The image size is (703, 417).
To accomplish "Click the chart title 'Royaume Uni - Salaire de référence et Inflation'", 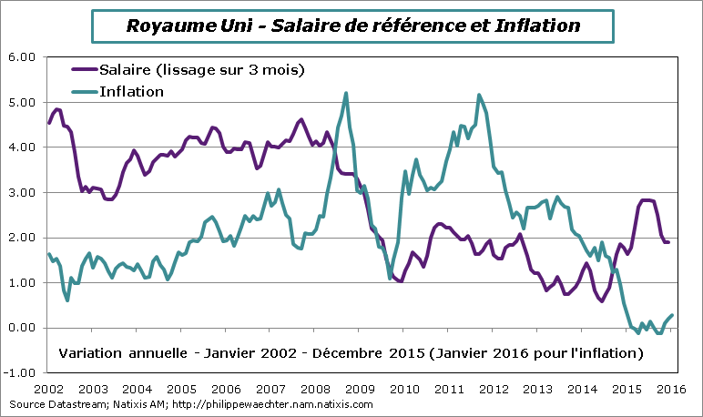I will point(351,25).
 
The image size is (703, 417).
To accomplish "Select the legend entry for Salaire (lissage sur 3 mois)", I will point(200,70).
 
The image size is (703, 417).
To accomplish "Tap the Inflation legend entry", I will point(131,91).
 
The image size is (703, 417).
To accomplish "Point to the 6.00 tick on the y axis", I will point(21,56).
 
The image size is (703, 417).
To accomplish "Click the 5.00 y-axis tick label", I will point(21,102).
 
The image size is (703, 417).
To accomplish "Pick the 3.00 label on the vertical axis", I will point(21,192).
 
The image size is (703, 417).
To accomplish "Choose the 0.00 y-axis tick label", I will point(21,328).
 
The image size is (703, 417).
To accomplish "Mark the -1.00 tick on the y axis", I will point(19,372).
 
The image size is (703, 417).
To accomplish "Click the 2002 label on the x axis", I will point(47,388).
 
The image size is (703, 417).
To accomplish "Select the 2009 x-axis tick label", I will point(359,388).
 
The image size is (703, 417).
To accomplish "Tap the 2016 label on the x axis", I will point(671,388).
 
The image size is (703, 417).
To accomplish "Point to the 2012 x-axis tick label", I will point(493,388).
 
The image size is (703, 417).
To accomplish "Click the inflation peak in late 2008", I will point(346,93).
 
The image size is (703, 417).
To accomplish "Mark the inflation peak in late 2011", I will point(479,95).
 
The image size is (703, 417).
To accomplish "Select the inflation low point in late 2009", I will point(390,278).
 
